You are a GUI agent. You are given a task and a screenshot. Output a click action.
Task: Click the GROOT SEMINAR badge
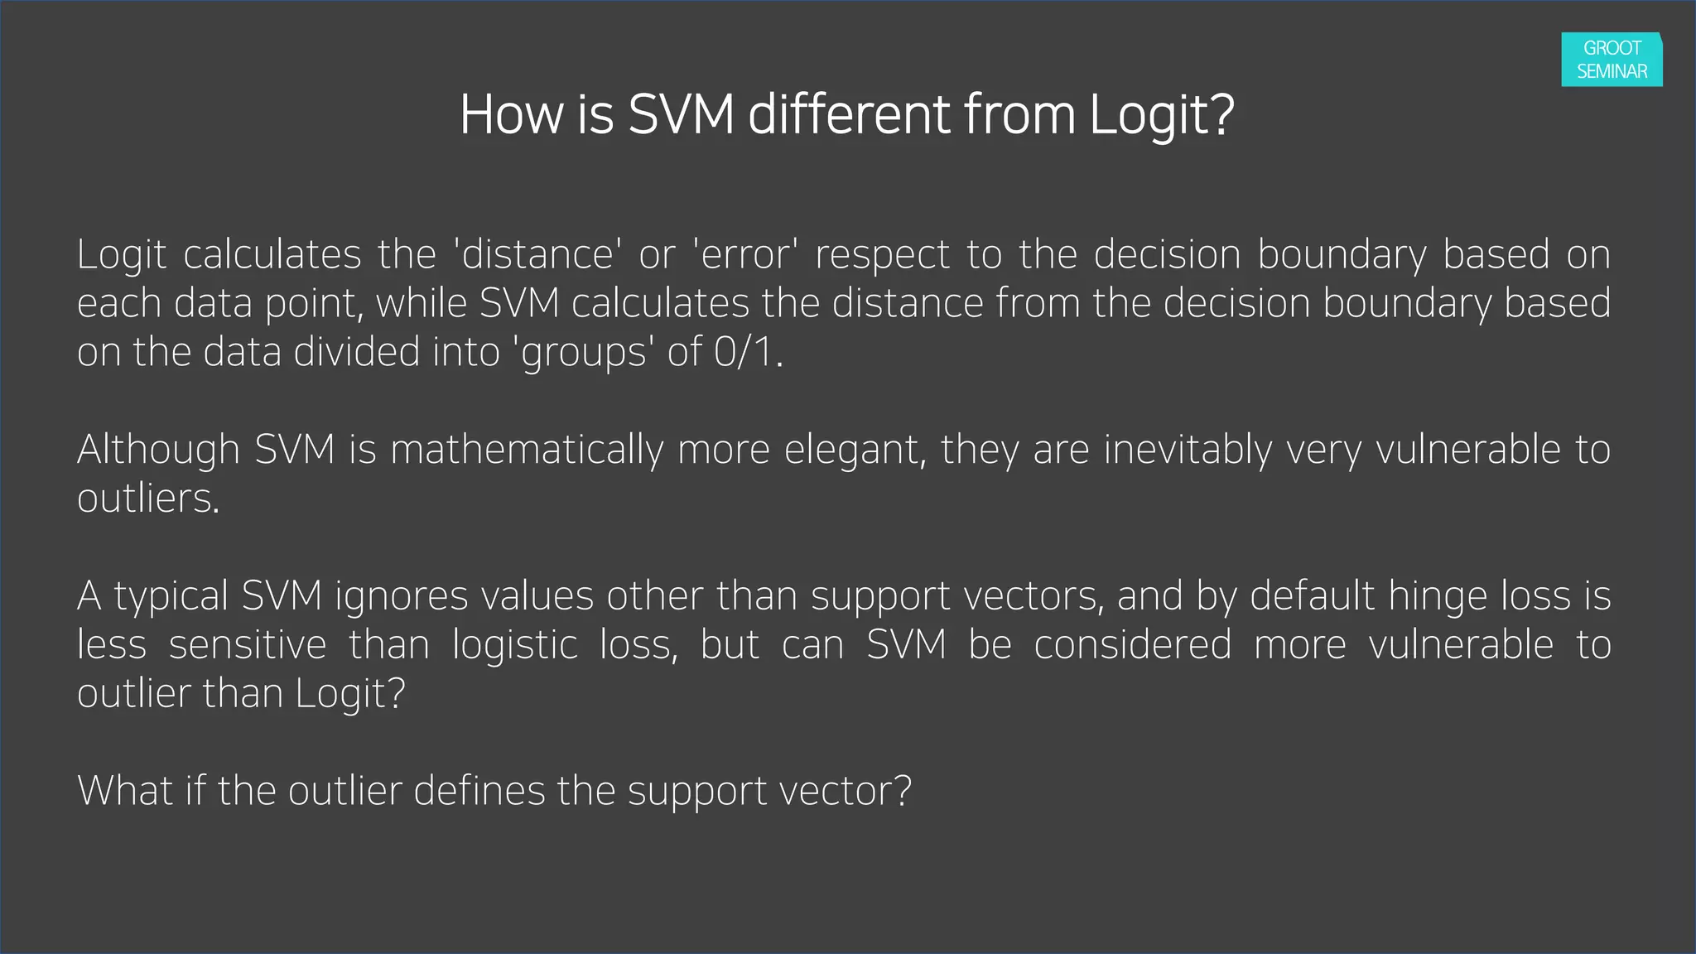coord(1612,60)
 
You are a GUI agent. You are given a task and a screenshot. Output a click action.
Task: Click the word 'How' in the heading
coord(511,114)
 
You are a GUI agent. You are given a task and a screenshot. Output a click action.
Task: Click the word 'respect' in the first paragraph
coord(882,254)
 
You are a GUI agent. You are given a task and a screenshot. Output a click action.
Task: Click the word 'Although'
coord(158,450)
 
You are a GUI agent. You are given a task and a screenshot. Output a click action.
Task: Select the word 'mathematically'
coord(528,450)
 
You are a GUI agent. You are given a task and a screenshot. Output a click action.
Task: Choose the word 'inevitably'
coord(1188,450)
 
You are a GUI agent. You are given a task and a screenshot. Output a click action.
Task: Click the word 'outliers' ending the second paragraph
coord(147,499)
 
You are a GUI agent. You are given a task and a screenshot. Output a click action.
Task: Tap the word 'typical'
coord(171,596)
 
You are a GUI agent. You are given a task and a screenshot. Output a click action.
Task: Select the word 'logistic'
coord(515,645)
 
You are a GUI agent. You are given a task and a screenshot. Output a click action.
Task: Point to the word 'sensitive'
coord(248,645)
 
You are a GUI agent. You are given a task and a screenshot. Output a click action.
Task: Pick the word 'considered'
coord(1133,645)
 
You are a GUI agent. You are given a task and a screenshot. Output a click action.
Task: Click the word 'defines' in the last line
coord(479,791)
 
